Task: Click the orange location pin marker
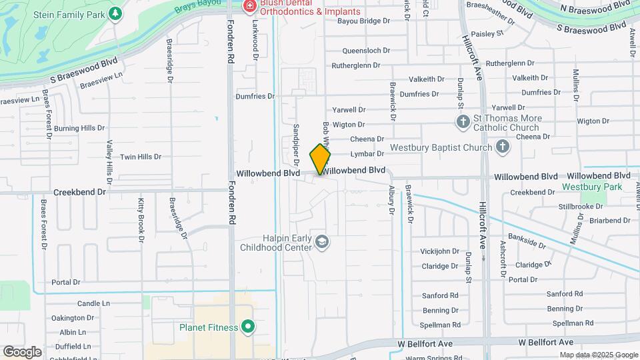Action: [320, 159]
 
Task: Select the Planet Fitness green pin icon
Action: [248, 327]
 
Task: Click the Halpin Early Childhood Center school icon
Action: [322, 241]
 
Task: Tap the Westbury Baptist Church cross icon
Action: [503, 147]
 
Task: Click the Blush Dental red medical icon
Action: [250, 7]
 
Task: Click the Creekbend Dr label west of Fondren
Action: [80, 191]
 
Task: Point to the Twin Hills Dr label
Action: [141, 157]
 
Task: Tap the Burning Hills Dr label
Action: [79, 128]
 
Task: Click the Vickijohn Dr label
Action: [440, 252]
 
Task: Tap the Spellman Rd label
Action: [441, 325]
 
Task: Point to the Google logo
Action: [22, 351]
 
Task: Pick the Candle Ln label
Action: [93, 303]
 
